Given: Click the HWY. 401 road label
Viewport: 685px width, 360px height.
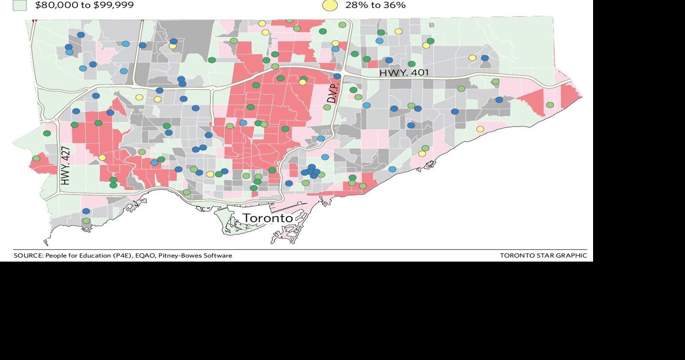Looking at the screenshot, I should point(404,73).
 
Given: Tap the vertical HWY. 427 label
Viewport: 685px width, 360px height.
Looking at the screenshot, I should point(65,165).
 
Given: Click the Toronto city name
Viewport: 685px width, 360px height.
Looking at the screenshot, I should point(267,218).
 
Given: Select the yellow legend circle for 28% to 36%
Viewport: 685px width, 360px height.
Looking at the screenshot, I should point(330,5).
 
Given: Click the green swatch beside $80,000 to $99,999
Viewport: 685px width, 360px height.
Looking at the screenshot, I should point(19,5).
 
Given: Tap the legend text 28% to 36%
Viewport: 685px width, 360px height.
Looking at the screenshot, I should point(375,5).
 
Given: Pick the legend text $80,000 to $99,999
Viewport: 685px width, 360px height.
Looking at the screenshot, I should point(84,5).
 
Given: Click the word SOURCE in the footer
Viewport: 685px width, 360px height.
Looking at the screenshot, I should point(28,256).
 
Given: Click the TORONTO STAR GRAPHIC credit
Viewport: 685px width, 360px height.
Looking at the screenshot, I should point(543,256).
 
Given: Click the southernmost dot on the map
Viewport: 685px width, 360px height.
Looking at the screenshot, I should point(86,221).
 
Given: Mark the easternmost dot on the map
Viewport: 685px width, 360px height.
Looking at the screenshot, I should point(550,105).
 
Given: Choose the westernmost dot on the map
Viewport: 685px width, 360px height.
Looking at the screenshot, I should point(36,158).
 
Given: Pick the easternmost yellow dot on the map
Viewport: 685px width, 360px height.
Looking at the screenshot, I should point(480,129).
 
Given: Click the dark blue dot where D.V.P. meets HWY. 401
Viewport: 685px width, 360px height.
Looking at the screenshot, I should point(337,76).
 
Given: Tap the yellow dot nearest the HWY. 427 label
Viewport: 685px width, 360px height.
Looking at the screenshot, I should point(102,158).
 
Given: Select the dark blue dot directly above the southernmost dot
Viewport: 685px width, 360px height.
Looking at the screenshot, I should point(86,211).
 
